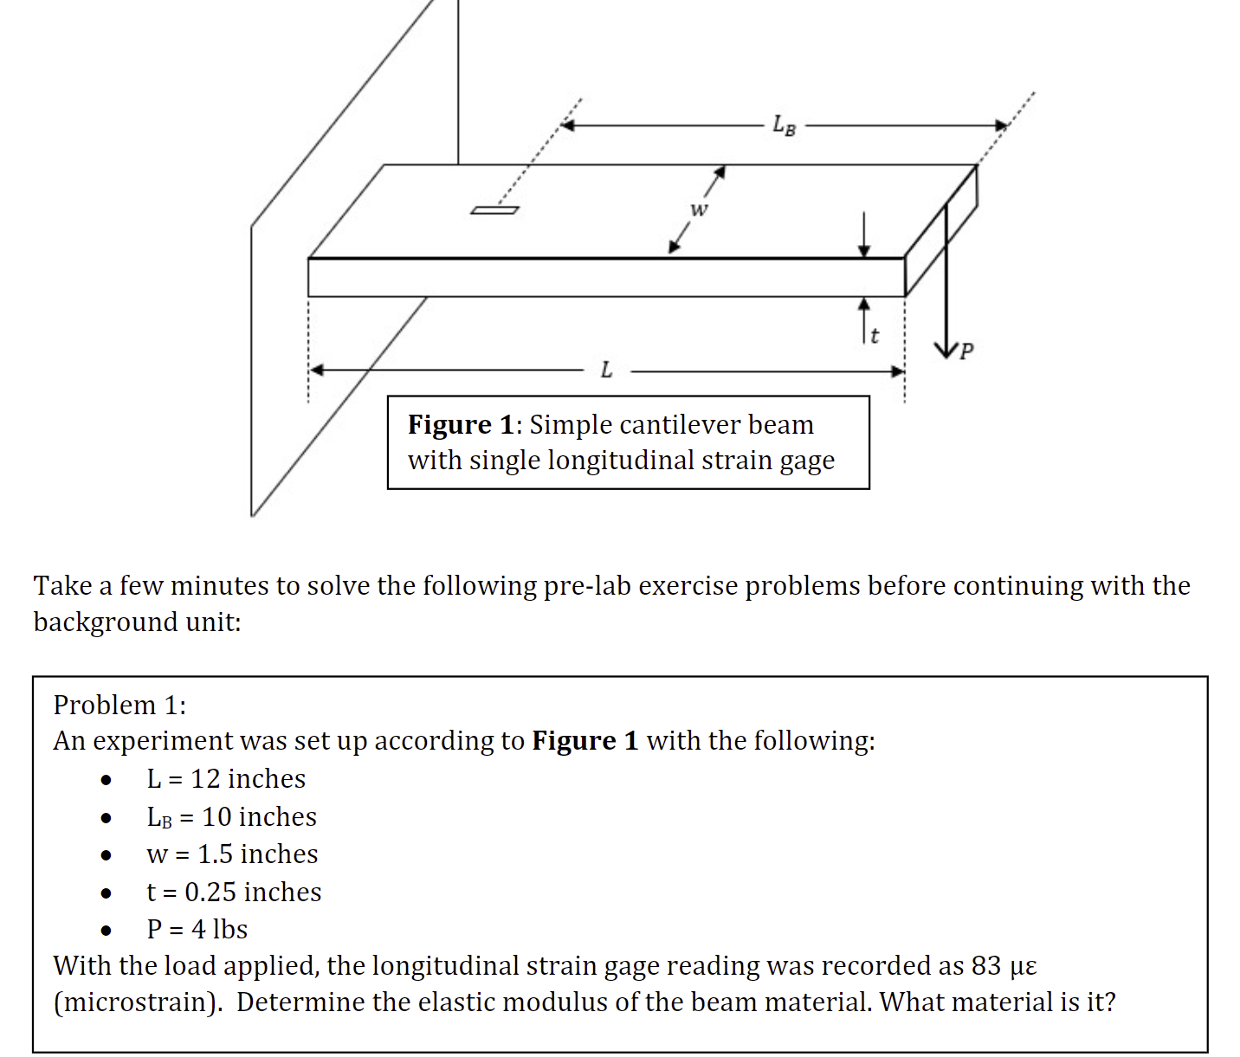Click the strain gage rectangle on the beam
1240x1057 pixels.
point(494,209)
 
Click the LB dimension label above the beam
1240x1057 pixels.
point(784,126)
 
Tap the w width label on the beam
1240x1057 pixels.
point(698,209)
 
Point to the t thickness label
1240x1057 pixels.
point(875,335)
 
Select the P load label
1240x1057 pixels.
point(966,351)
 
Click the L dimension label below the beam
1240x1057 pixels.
point(606,371)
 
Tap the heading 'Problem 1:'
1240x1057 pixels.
point(119,705)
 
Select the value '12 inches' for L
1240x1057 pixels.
point(248,778)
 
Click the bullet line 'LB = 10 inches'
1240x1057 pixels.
point(231,816)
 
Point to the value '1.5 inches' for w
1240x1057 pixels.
point(257,854)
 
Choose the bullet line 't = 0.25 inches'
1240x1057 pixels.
point(234,892)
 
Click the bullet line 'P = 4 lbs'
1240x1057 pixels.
point(197,929)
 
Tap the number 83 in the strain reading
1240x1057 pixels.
point(985,965)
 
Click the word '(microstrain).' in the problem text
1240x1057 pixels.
point(139,1002)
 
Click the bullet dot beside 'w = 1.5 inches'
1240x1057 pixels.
point(106,855)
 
